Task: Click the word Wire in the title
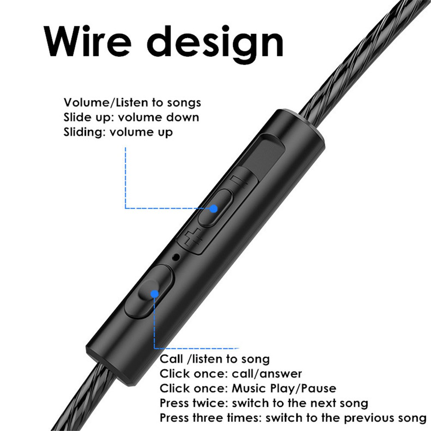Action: pos(87,41)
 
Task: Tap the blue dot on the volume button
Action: pos(214,209)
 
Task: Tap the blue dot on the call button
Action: pos(155,294)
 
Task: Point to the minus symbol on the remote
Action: pos(239,182)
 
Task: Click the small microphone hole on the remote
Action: pos(176,257)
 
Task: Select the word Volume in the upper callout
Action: pos(87,103)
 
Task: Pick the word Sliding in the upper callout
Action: pos(84,132)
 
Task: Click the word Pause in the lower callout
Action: pos(319,388)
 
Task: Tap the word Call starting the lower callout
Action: pos(171,359)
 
